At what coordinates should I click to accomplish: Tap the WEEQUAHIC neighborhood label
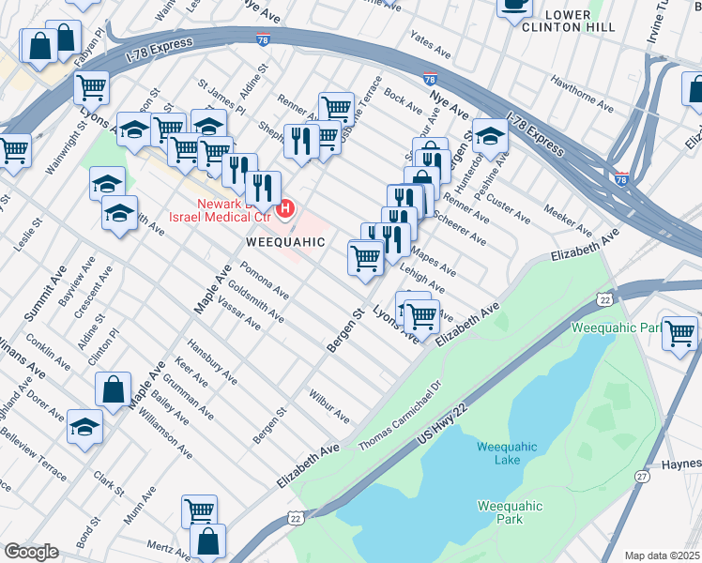pos(285,242)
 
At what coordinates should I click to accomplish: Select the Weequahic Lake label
pos(508,452)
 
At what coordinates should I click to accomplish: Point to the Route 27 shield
pos(642,477)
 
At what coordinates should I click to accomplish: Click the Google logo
pos(31,552)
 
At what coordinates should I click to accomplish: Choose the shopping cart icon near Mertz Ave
pos(199,511)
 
